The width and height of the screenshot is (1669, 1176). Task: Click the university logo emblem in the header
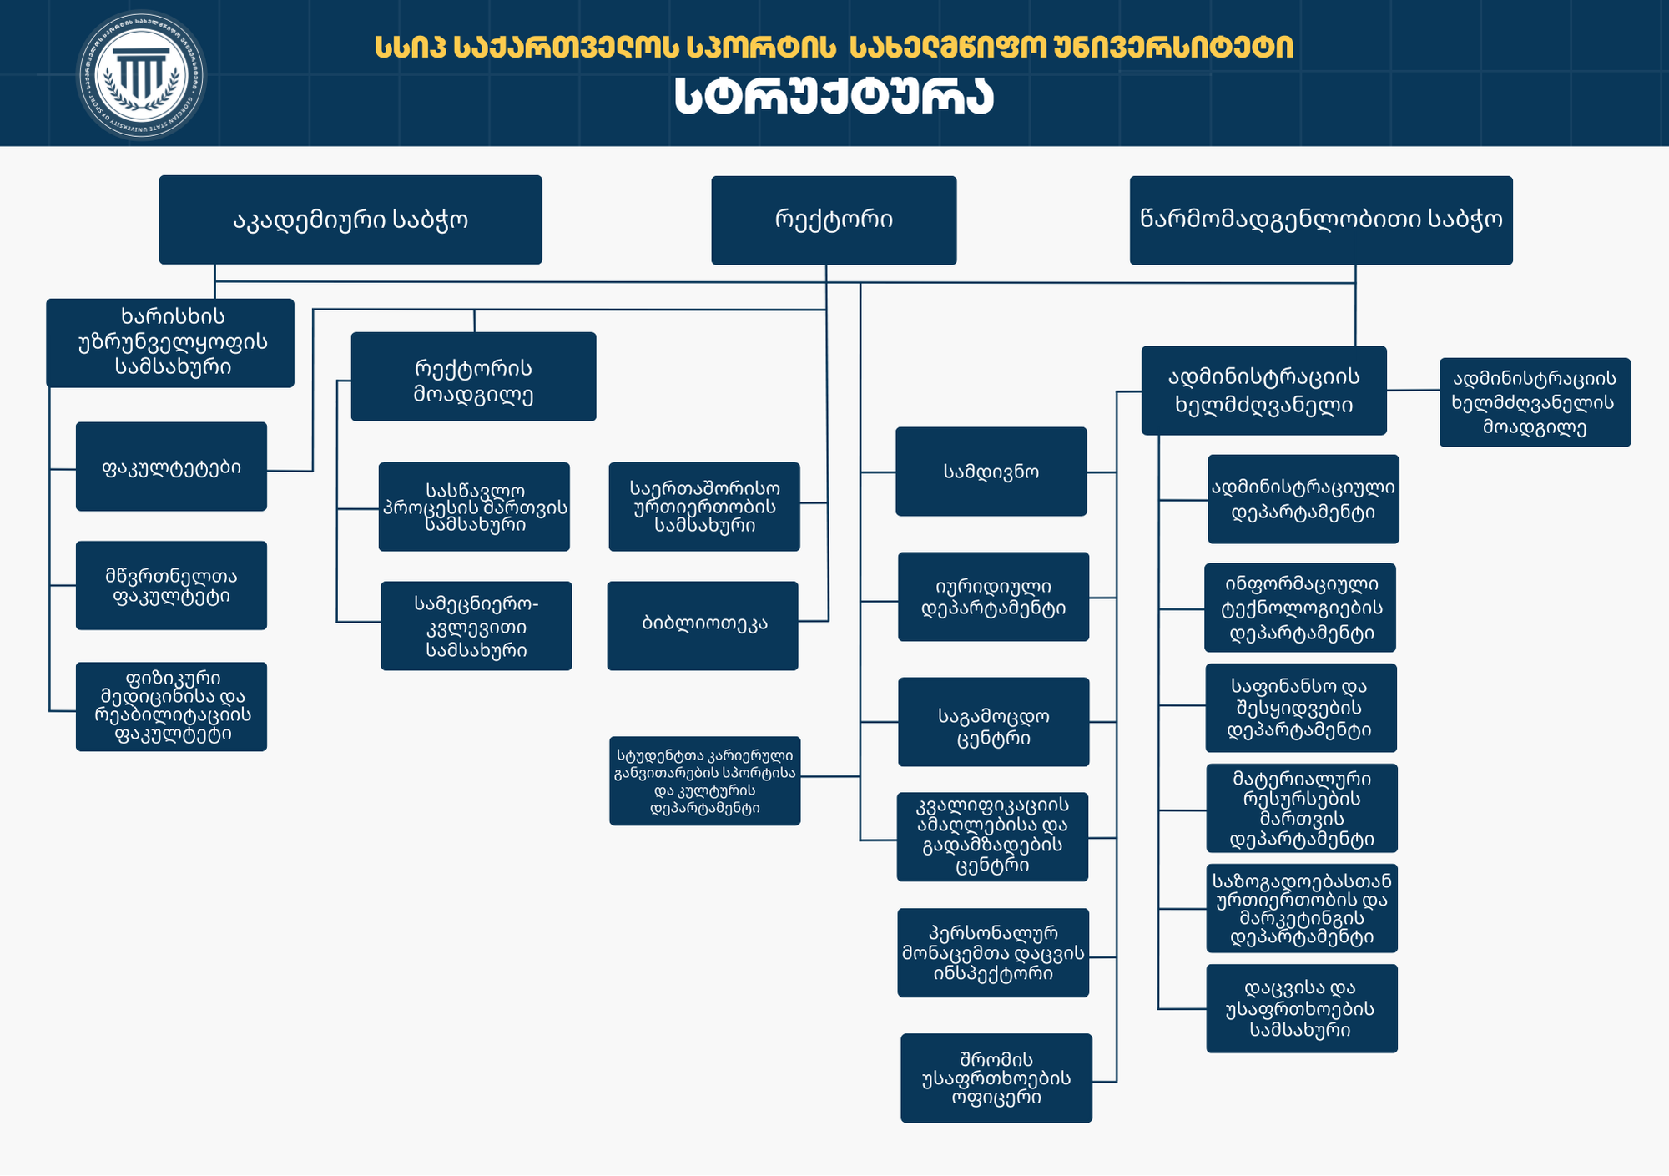141,76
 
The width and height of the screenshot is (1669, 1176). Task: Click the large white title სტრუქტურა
834,97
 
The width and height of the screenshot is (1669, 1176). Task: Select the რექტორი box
834,220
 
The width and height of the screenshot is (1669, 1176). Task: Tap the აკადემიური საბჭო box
350,220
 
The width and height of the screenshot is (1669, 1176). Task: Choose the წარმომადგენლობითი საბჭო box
1321,220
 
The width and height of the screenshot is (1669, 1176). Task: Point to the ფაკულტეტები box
171,467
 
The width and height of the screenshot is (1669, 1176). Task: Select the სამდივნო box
991,472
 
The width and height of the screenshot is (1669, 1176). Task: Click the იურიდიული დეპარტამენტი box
993,597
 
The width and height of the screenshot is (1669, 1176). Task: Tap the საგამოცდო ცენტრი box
993,722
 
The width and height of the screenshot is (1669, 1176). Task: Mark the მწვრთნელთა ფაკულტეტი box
171,585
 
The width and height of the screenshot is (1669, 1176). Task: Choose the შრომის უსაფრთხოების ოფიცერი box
996,1078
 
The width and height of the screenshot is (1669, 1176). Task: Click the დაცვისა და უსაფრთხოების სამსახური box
1301,1008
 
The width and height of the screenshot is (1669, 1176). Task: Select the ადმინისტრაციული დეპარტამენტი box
1303,499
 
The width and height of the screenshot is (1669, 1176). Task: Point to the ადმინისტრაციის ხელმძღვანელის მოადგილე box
1535,402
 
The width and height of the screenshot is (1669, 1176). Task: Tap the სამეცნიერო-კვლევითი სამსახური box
476,626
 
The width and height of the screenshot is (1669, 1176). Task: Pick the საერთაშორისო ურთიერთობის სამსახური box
704,507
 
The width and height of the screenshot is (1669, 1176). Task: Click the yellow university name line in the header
834,47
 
